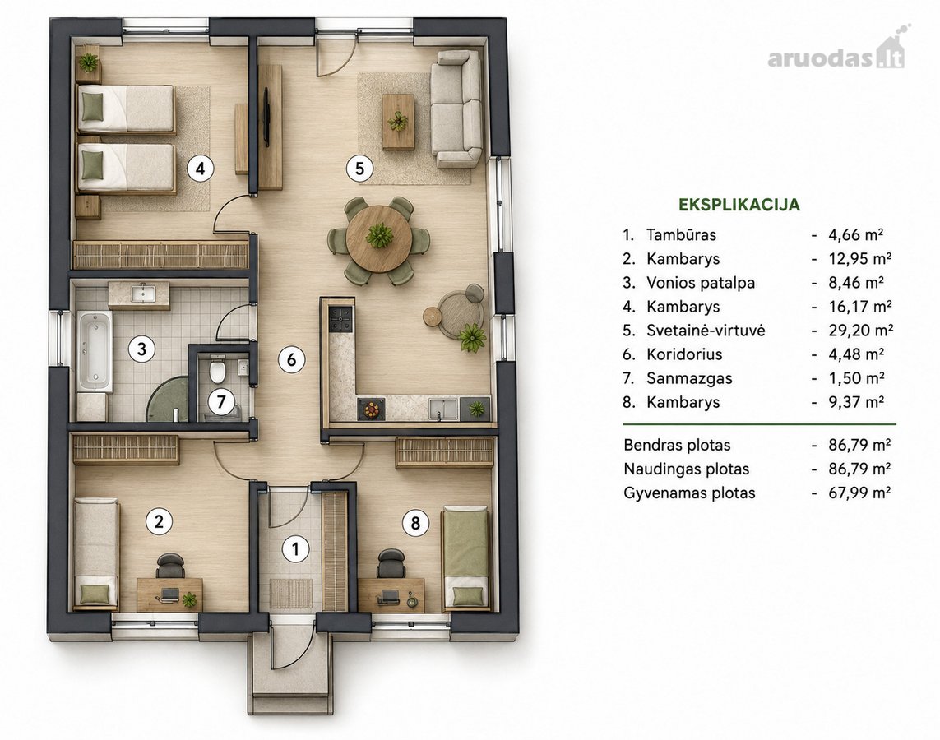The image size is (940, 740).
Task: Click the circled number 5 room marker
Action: point(359,169)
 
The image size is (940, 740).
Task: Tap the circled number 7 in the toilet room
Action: point(221,401)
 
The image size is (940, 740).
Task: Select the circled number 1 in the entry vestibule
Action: point(294,549)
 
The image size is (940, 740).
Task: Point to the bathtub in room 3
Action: point(95,351)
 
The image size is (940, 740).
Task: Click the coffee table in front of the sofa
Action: point(398,122)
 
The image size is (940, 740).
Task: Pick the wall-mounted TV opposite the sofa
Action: point(266,114)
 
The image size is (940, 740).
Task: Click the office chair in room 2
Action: point(170,567)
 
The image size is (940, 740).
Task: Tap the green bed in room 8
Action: point(465,558)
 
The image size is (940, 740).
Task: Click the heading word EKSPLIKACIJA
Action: point(739,205)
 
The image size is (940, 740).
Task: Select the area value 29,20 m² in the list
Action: point(861,331)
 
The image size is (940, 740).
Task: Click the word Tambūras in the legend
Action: point(681,234)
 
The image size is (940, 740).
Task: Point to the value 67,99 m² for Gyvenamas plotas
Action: point(859,493)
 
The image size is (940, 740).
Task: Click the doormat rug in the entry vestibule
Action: point(291,593)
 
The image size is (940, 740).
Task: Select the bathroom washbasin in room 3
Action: point(139,294)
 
